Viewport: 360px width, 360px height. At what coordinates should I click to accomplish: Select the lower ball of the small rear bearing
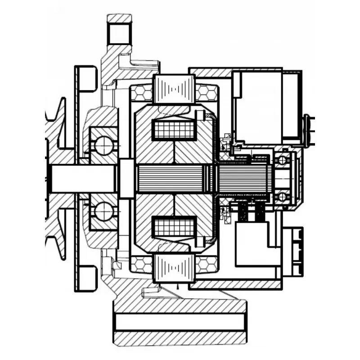tap(283, 196)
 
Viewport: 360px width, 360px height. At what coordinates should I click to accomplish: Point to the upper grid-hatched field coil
tap(175, 130)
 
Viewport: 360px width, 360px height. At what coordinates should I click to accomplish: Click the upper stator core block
tap(174, 89)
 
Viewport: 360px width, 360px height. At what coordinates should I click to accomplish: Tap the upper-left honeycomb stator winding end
tap(142, 93)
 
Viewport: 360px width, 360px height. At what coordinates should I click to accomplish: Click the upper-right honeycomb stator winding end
tap(207, 93)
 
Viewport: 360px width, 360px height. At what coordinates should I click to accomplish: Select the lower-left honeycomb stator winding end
tap(142, 265)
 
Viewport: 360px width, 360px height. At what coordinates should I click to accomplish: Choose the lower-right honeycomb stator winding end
tap(207, 264)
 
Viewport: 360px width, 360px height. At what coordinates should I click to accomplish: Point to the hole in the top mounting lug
tap(119, 34)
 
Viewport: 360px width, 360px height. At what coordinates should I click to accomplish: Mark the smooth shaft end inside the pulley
tap(81, 178)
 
